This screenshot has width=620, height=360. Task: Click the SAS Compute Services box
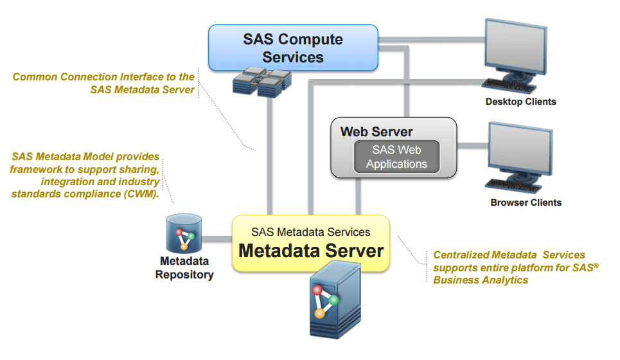coord(293,48)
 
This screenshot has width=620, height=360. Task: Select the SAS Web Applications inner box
coord(396,157)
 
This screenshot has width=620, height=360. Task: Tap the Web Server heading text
coord(376,132)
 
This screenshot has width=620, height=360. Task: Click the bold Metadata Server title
coord(311,250)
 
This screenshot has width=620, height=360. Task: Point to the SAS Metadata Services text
coord(311,231)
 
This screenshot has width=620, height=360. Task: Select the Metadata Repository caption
coord(184,268)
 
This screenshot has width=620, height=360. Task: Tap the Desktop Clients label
coord(520,102)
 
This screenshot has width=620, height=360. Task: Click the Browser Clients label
coord(526,203)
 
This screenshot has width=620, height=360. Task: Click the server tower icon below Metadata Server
coord(328,302)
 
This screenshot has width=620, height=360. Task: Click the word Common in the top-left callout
coord(35,77)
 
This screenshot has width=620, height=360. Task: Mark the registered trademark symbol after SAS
coord(596,264)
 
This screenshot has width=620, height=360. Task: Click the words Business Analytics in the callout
coord(481,280)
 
